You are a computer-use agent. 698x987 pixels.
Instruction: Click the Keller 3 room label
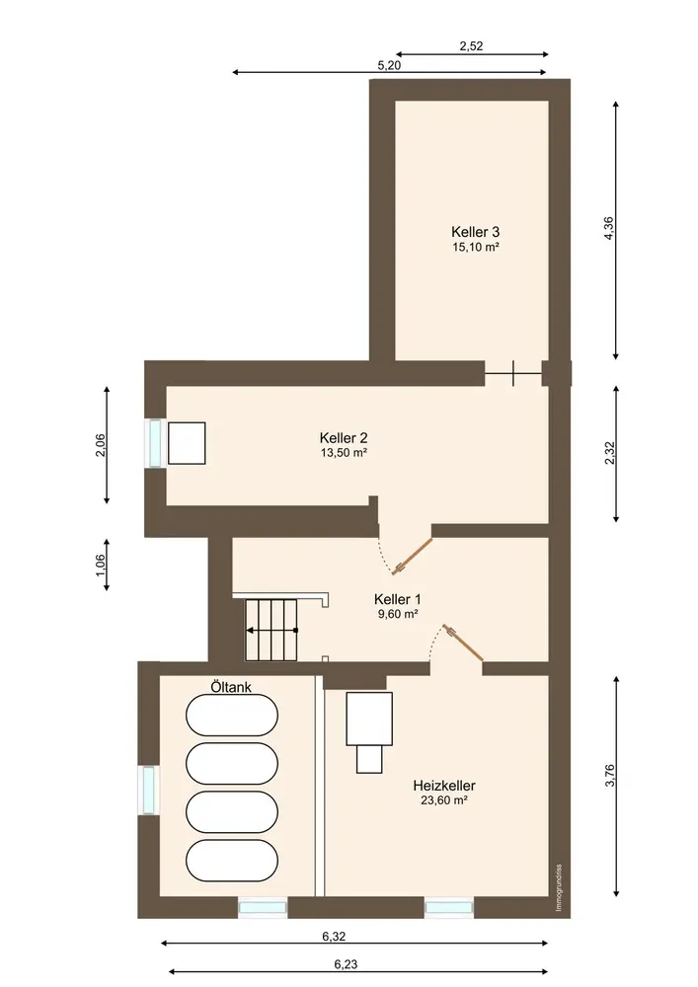pyautogui.click(x=475, y=232)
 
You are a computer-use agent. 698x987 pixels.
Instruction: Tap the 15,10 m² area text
pyautogui.click(x=475, y=247)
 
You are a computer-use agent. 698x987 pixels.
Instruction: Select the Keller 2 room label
pyautogui.click(x=344, y=437)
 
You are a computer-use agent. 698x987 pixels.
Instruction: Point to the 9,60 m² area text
pyautogui.click(x=398, y=614)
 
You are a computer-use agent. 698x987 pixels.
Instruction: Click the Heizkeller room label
pyautogui.click(x=443, y=786)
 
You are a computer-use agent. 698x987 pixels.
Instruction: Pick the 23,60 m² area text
pyautogui.click(x=443, y=800)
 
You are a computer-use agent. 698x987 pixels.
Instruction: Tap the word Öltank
pyautogui.click(x=231, y=687)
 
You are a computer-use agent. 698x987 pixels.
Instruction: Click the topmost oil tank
pyautogui.click(x=232, y=715)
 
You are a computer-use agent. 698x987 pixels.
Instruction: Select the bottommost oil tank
pyautogui.click(x=232, y=861)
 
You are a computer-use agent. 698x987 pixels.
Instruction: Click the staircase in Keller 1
pyautogui.click(x=271, y=630)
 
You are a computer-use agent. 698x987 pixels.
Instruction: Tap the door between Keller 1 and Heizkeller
pyautogui.click(x=463, y=643)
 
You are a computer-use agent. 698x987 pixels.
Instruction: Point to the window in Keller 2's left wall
pyautogui.click(x=155, y=443)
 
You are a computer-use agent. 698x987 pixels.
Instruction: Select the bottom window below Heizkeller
pyautogui.click(x=449, y=907)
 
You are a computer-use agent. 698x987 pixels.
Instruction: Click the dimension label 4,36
pyautogui.click(x=608, y=228)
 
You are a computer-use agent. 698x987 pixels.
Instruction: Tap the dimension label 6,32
pyautogui.click(x=335, y=936)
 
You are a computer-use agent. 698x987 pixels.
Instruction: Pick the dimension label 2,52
pyautogui.click(x=471, y=45)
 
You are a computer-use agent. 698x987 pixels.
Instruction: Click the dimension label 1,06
pyautogui.click(x=100, y=564)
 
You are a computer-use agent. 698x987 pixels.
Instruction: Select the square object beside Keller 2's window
pyautogui.click(x=187, y=443)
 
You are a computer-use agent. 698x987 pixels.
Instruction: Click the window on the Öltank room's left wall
pyautogui.click(x=148, y=790)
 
